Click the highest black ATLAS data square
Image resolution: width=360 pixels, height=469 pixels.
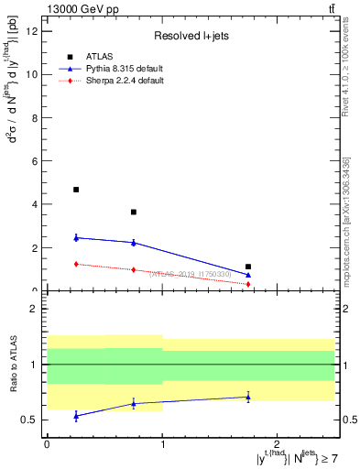coord(76,190)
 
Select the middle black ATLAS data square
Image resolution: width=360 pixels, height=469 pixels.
coord(134,212)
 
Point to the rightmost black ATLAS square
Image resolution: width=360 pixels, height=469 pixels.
coord(248,267)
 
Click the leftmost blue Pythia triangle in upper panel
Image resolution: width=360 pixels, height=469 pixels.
coord(76,237)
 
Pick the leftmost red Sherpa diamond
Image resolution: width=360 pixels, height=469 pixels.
coord(76,264)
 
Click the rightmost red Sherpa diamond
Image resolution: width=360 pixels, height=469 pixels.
coord(248,284)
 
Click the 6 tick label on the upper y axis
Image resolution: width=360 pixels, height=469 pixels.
coord(33,161)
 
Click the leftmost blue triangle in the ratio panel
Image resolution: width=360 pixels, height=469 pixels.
coord(76,416)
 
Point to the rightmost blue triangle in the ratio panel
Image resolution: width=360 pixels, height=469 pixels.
coord(248,397)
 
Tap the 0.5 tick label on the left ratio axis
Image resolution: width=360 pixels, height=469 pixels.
coord(28,420)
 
